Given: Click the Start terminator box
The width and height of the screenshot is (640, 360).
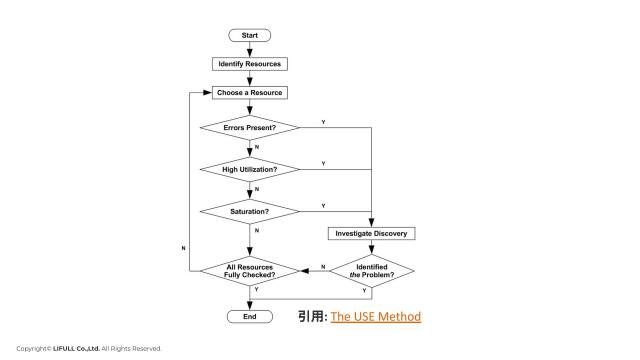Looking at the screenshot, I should tap(250, 35).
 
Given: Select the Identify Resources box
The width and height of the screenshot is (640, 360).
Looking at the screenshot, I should tap(250, 64).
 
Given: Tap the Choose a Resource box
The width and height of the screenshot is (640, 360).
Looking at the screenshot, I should tap(250, 93).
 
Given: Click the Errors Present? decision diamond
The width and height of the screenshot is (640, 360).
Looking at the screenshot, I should tap(250, 128).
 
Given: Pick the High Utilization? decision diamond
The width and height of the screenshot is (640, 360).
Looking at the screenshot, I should tap(250, 170).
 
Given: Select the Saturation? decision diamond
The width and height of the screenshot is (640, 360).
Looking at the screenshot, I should tap(250, 211).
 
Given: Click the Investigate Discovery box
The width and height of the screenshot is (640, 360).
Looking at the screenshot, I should tap(371, 233).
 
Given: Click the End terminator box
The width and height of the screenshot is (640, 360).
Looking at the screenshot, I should tap(250, 316).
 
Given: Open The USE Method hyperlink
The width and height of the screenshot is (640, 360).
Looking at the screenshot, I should tap(376, 316).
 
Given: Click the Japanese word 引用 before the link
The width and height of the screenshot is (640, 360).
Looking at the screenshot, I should tap(310, 316).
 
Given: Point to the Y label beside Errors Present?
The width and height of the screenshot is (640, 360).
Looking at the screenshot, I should tap(322, 122).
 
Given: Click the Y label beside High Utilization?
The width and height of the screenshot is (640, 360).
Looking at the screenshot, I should tap(322, 163).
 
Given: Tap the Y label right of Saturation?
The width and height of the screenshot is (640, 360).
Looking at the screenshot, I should tap(322, 205).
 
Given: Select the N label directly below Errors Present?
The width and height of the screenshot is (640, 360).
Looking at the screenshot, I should tap(257, 148).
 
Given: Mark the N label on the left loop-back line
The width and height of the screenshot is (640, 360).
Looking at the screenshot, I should tap(183, 246).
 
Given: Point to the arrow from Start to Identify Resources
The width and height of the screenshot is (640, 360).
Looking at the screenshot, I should tap(250, 49).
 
